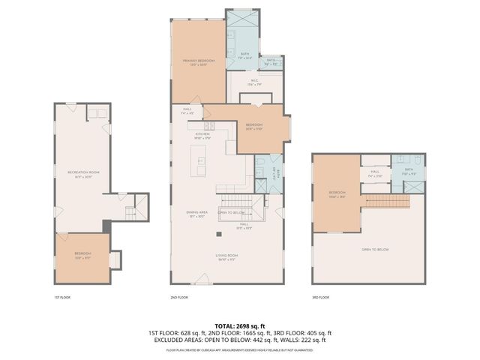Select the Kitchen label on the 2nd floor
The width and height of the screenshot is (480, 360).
pyautogui.click(x=192, y=136)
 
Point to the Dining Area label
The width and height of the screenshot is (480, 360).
pyautogui.click(x=197, y=213)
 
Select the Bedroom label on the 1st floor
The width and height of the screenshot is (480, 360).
pyautogui.click(x=82, y=254)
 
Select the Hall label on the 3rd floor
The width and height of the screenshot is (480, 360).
pyautogui.click(x=374, y=174)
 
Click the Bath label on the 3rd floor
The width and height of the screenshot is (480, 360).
pyautogui.click(x=409, y=171)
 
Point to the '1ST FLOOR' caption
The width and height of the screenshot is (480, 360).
pyautogui.click(x=62, y=298)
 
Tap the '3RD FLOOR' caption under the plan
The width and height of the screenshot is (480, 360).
pyautogui.click(x=320, y=298)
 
